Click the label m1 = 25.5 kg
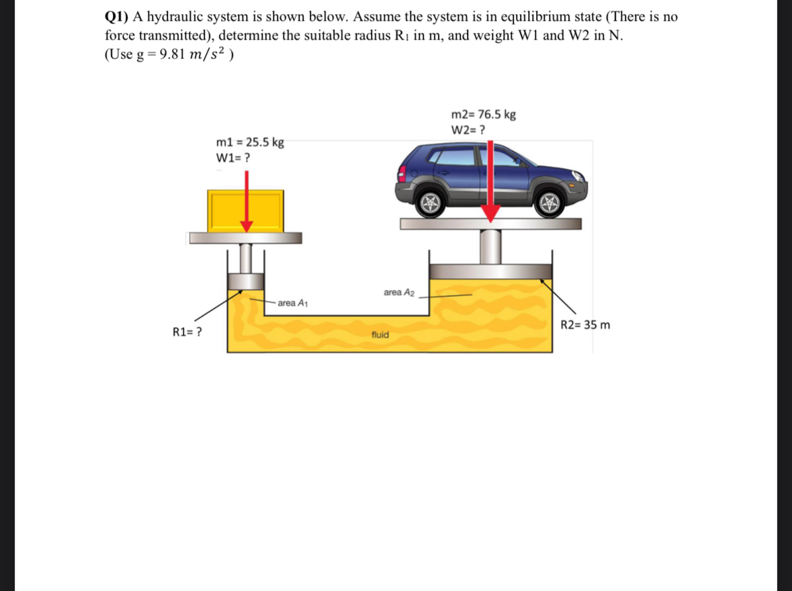pos(250,142)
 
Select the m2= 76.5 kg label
pos(484,114)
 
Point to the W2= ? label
pos(469,130)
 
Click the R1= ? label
pos(189,331)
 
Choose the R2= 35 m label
pos(584,325)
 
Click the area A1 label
pos(292,303)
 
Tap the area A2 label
pos(399,292)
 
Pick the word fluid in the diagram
pos(380,334)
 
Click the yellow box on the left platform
pos(228,211)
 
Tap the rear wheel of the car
pos(429,202)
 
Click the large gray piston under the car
pos(490,271)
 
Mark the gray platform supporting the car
pos(490,224)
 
